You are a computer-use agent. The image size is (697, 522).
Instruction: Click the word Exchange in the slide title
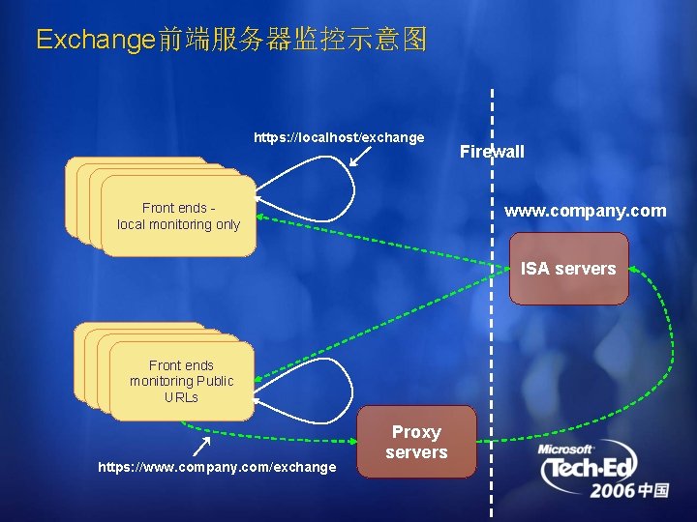95,40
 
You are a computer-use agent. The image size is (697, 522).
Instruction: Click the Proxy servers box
416,442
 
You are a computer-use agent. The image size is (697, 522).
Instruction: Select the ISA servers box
568,270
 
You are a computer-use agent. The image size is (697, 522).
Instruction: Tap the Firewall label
492,151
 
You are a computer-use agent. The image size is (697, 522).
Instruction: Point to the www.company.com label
585,211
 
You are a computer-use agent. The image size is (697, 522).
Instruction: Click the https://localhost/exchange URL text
339,137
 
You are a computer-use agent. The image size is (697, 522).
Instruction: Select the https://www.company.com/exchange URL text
218,468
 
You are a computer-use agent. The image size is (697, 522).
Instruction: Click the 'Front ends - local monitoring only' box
178,217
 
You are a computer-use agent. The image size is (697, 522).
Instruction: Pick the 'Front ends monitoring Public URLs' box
181,381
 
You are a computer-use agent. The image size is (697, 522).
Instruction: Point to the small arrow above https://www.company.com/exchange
202,445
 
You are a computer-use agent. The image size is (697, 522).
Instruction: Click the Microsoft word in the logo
567,449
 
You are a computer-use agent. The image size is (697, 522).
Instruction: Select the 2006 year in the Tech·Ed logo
613,491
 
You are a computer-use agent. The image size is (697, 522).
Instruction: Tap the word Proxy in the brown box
416,432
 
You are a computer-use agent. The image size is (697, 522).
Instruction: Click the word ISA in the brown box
534,269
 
